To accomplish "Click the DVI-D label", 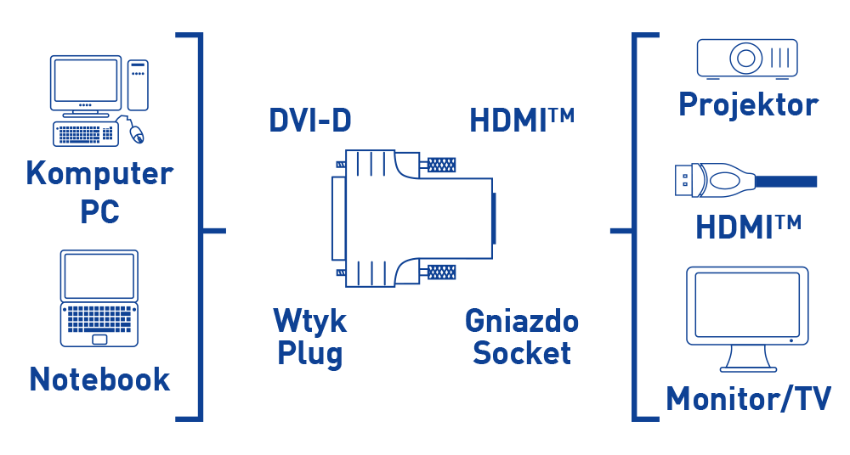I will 310,121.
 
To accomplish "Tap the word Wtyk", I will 309,321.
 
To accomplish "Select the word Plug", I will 309,352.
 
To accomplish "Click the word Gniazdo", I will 522,321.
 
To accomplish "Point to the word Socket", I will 522,352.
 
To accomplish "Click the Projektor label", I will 748,104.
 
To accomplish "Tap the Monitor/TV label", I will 748,398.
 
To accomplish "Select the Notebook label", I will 100,379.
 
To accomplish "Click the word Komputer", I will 99,174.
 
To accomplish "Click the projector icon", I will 747,59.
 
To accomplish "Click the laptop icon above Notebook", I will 99,297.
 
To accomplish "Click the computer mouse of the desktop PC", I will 137,132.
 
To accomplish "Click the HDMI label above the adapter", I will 521,121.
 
